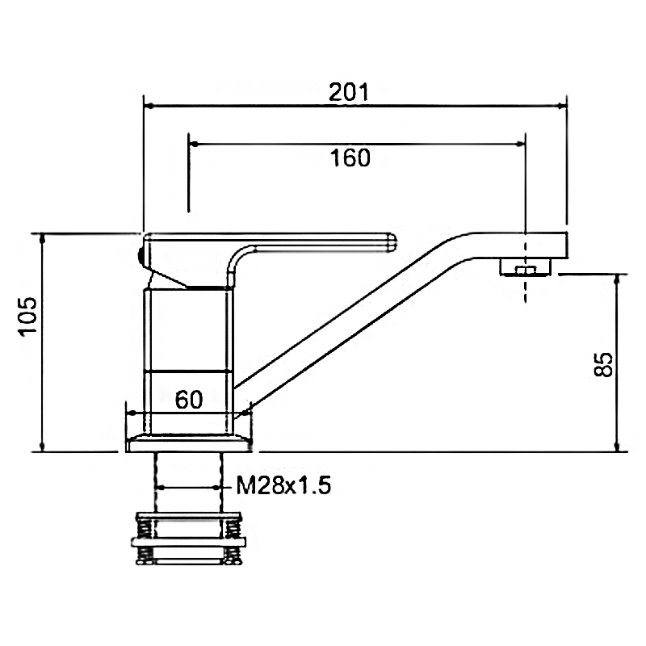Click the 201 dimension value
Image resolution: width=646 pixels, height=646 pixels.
[x=349, y=92]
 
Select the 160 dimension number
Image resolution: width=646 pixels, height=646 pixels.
[x=350, y=157]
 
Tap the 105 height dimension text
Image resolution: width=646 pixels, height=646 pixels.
[x=28, y=317]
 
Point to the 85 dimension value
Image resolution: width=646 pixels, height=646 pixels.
[x=603, y=364]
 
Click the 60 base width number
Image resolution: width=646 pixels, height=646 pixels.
[x=189, y=400]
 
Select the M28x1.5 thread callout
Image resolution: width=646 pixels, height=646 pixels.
[x=283, y=485]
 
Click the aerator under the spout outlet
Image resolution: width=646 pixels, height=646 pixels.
[x=526, y=267]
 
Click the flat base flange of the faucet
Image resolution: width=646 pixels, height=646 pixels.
[x=189, y=443]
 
